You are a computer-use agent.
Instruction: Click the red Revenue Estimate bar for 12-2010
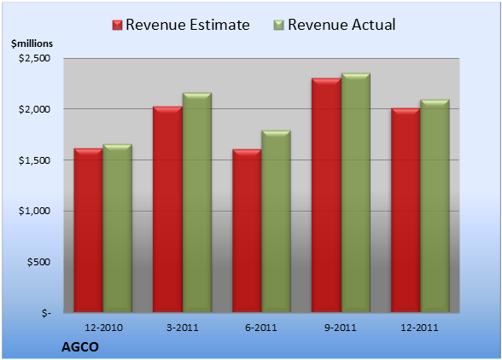[89, 230]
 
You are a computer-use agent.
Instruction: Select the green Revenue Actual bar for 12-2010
[117, 228]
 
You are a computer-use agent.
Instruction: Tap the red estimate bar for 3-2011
[167, 209]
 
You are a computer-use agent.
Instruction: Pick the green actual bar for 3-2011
[197, 202]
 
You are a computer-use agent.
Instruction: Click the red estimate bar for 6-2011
[247, 230]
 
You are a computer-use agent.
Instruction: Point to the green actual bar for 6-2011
[276, 222]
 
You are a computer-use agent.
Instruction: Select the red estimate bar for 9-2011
[326, 195]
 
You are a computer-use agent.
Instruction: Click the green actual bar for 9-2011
[356, 193]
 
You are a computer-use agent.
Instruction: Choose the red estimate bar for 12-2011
[406, 210]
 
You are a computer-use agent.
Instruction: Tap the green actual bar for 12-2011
[435, 206]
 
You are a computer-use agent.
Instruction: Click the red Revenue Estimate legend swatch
[117, 26]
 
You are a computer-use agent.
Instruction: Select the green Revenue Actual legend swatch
[279, 26]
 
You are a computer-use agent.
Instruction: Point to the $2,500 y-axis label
[34, 58]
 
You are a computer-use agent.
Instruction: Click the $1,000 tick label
[34, 211]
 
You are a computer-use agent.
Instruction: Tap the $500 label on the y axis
[38, 262]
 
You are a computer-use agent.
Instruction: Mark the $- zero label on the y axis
[46, 312]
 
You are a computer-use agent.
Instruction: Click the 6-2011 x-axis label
[261, 328]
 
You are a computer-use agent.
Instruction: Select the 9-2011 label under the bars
[341, 328]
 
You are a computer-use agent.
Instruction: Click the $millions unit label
[32, 44]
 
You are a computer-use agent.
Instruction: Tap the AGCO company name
[80, 347]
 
